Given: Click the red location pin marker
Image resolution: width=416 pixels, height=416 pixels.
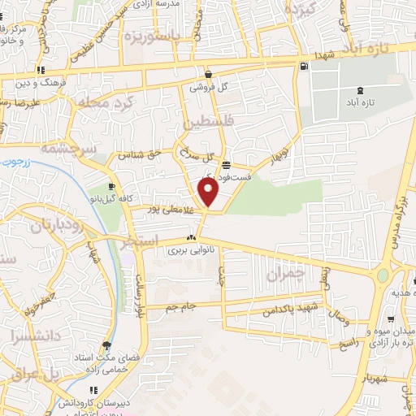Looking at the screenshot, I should pyautogui.click(x=209, y=193).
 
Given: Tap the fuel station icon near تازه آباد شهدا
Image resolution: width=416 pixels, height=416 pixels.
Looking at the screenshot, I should pyautogui.click(x=303, y=67).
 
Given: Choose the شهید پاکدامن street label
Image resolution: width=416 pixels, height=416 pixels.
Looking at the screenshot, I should pyautogui.click(x=288, y=310).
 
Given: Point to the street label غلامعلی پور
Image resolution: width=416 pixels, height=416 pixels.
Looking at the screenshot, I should pyautogui.click(x=169, y=209).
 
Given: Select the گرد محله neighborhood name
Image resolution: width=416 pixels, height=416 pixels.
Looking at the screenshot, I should pyautogui.click(x=106, y=103).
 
